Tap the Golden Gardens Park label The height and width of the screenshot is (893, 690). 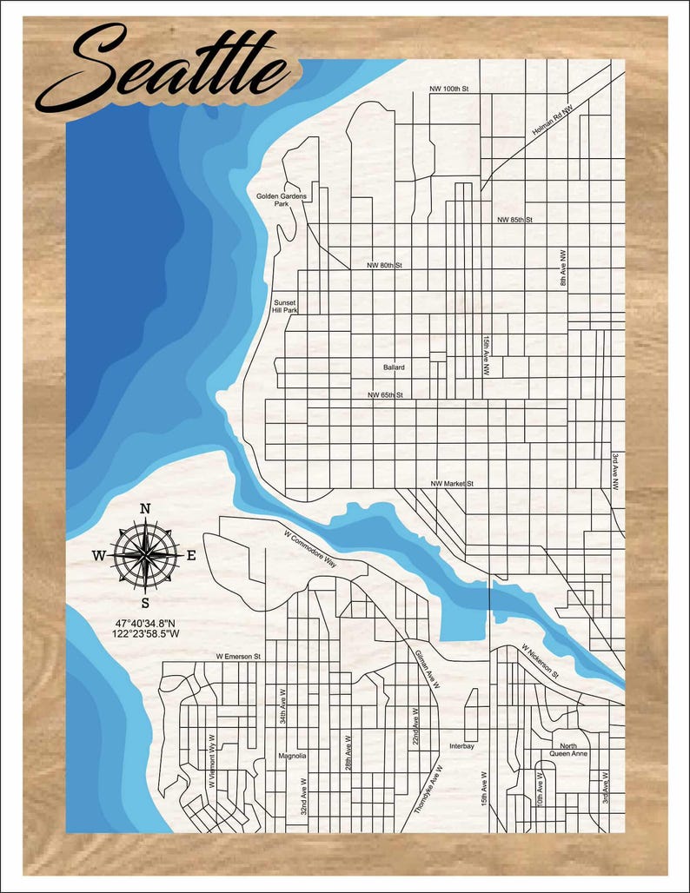tap(281, 201)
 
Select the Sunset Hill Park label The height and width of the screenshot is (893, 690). tap(285, 307)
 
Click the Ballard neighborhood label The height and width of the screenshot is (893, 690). tap(394, 367)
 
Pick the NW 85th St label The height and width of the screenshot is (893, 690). tap(514, 221)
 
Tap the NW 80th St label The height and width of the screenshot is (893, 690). tap(384, 265)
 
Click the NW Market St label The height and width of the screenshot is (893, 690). tap(451, 483)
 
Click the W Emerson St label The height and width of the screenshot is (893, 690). tap(238, 657)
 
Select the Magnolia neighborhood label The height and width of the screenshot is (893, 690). tap(292, 756)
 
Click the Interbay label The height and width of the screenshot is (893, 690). tap(462, 746)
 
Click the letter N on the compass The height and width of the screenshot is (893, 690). tap(145, 509)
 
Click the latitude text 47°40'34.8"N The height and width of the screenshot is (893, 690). tap(145, 623)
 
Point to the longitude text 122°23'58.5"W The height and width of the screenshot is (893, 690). tap(145, 634)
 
